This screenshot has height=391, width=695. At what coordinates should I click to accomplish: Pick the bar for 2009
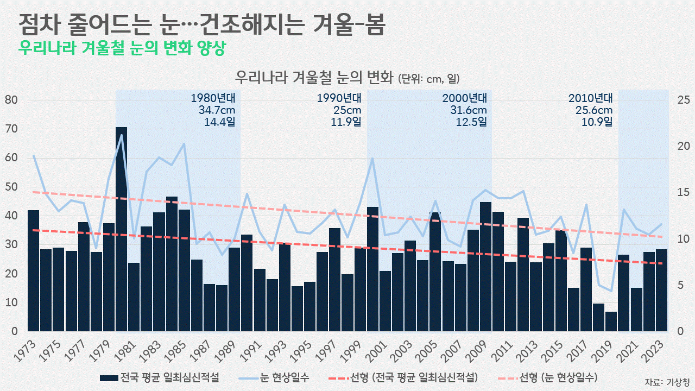point(485,267)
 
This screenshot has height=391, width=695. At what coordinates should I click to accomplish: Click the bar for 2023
point(661,290)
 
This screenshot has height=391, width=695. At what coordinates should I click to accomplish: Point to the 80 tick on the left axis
point(12,100)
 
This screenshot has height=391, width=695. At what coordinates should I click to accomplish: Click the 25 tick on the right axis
point(683,100)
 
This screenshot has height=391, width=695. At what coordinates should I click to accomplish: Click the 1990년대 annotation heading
point(339,98)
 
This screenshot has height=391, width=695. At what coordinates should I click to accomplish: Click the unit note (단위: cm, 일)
point(433,79)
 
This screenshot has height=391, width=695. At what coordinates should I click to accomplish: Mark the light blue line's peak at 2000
point(372,158)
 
